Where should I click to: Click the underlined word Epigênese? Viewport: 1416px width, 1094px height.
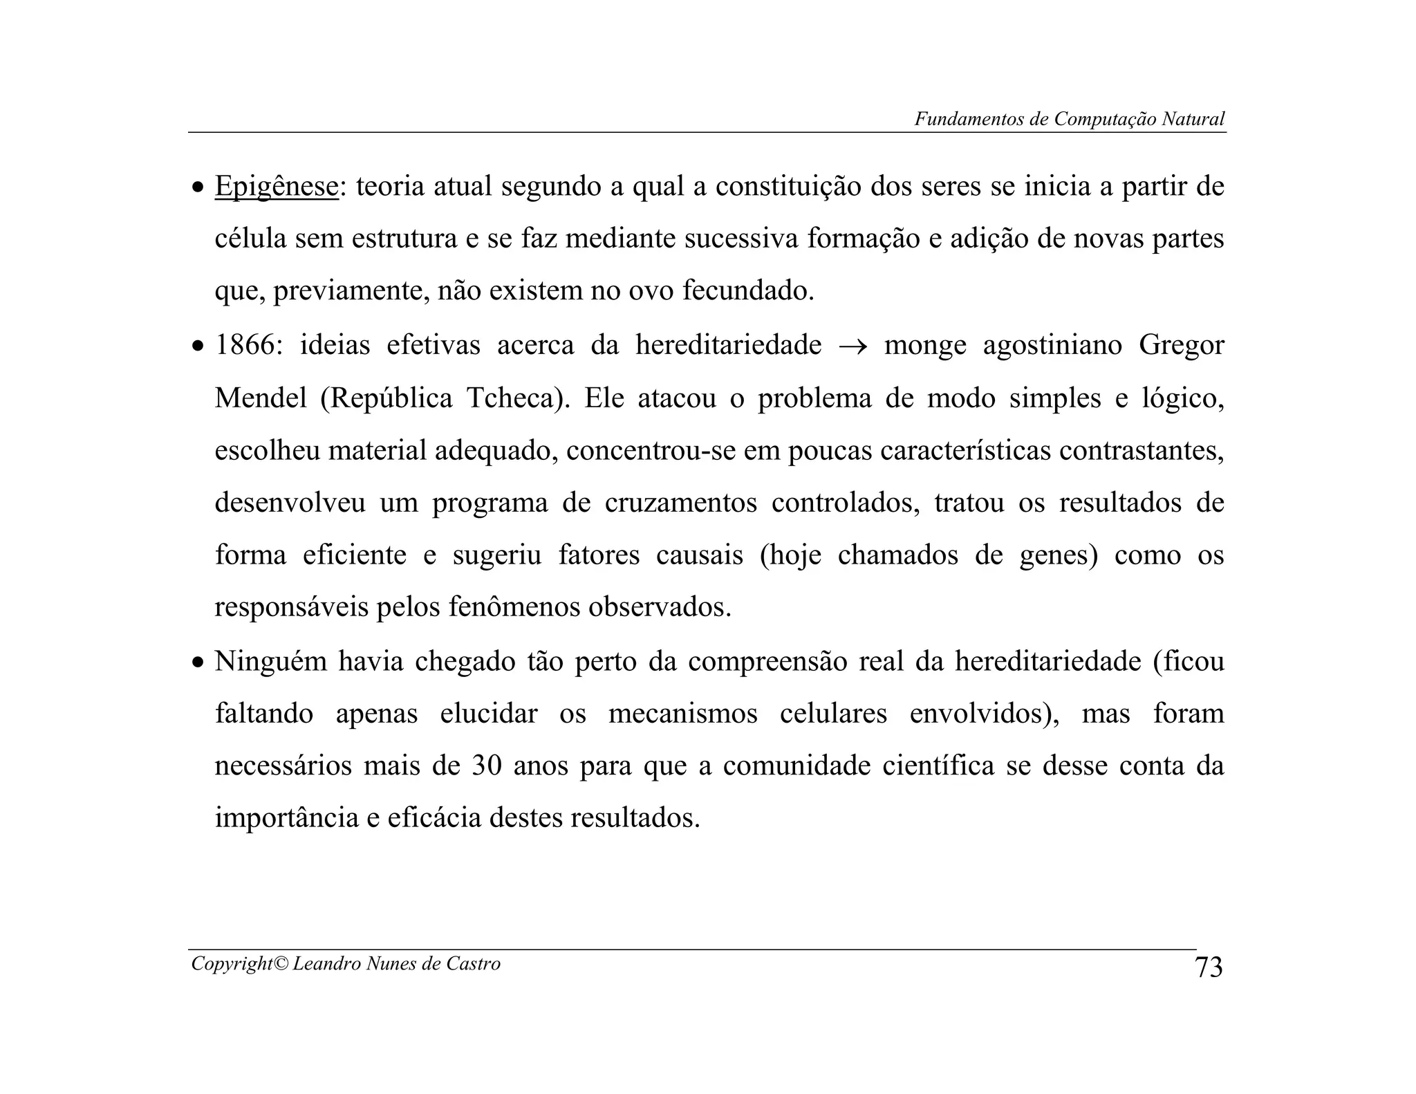pyautogui.click(x=277, y=187)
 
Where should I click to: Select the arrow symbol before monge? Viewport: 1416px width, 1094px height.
pyautogui.click(x=853, y=346)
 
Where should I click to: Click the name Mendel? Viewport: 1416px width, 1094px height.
pyautogui.click(x=261, y=398)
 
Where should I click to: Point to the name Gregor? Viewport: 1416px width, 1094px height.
pyautogui.click(x=1181, y=345)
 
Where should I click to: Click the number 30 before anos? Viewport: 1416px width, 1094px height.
pyautogui.click(x=487, y=766)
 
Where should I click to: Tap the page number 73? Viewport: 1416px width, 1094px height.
pyautogui.click(x=1209, y=967)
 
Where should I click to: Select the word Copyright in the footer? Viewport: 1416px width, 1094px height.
pyautogui.click(x=232, y=964)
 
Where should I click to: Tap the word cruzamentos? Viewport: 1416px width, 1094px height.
pyautogui.click(x=680, y=503)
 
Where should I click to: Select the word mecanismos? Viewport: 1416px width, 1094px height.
pyautogui.click(x=682, y=714)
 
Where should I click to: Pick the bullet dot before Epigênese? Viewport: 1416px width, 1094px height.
pyautogui.click(x=198, y=188)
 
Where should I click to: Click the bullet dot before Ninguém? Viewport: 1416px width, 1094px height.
pyautogui.click(x=198, y=663)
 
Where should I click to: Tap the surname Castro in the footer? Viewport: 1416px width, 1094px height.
pyautogui.click(x=473, y=964)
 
